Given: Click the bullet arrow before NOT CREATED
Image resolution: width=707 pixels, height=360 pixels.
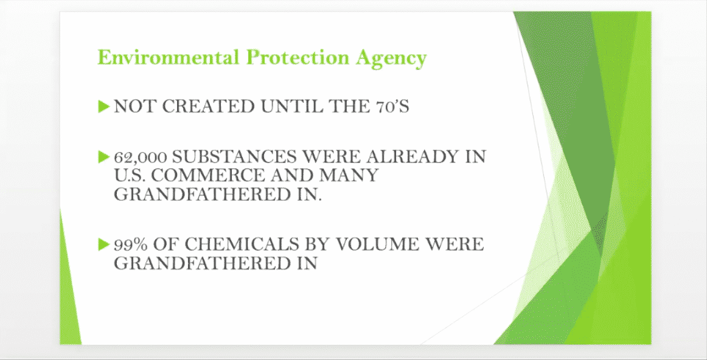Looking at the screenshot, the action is [x=103, y=106].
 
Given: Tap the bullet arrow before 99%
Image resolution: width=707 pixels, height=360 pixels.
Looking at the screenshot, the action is [x=103, y=244].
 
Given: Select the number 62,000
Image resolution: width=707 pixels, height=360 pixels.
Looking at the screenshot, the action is [x=141, y=157].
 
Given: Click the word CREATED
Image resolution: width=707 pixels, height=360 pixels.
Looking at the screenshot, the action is [x=208, y=107].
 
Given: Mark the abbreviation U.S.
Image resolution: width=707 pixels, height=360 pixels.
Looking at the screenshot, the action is [x=131, y=175].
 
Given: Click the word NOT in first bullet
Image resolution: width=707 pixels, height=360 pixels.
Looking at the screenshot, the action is [x=135, y=107].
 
